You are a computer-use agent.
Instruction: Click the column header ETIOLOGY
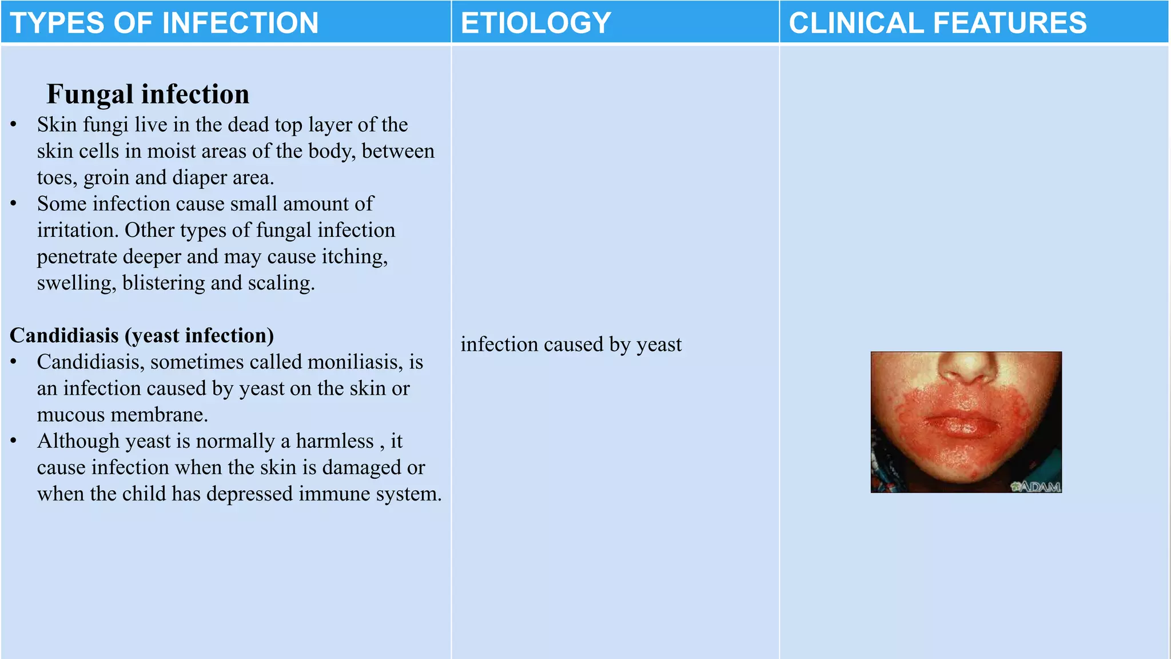pos(536,23)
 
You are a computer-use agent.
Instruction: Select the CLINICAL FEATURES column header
pos(938,23)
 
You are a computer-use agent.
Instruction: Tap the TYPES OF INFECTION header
pos(164,23)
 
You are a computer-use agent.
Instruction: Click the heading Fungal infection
pos(148,94)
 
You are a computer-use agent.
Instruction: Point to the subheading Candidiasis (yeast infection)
pos(142,336)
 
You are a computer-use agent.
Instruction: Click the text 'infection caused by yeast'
pos(571,344)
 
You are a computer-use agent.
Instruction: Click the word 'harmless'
pos(334,441)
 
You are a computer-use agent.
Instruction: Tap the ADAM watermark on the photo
pos(1036,486)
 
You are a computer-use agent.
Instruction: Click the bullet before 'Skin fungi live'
pos(14,125)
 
